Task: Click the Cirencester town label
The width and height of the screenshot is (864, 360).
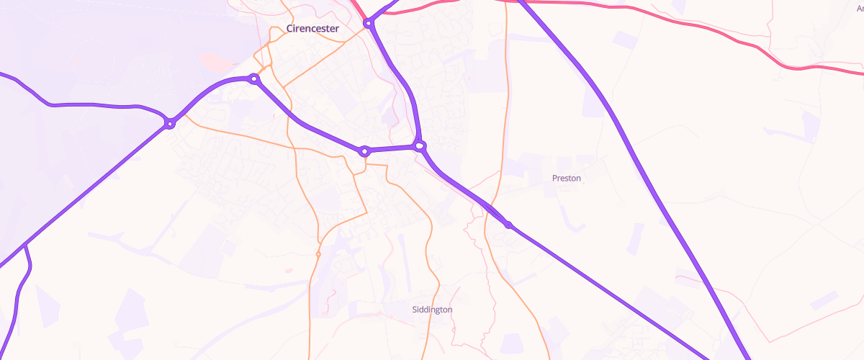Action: [312, 29]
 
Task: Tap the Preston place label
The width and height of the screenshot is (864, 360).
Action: [566, 178]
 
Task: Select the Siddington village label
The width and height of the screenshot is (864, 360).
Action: [432, 310]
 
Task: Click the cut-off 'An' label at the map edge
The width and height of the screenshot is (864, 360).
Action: [858, 6]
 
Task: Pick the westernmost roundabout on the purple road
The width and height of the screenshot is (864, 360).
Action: [170, 124]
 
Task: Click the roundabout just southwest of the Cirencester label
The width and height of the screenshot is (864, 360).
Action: [253, 78]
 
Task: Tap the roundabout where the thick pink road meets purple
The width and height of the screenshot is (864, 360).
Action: [369, 24]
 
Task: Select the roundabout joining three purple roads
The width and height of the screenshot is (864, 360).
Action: [420, 146]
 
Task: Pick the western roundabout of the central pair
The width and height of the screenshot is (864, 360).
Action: [365, 151]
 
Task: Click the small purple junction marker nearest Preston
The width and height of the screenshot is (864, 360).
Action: [508, 225]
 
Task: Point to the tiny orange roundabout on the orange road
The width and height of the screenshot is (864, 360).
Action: [318, 254]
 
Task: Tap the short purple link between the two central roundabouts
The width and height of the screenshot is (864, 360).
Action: [392, 149]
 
